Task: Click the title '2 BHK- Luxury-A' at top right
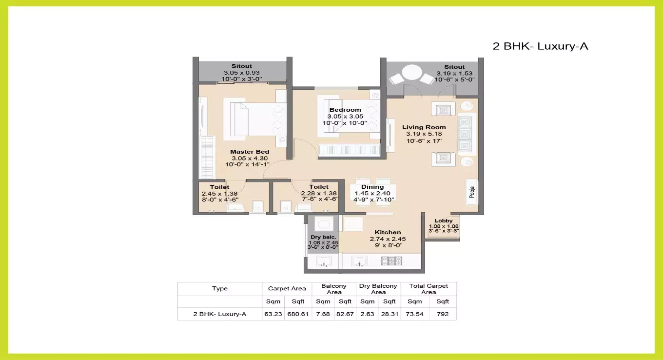click(x=540, y=46)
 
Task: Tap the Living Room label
click(x=424, y=127)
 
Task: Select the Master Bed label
click(x=250, y=152)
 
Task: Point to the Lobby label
click(x=444, y=220)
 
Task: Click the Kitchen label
click(x=388, y=232)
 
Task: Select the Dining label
click(x=372, y=187)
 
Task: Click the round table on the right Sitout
click(x=412, y=74)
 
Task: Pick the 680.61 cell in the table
click(x=298, y=314)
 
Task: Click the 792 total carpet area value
click(x=443, y=314)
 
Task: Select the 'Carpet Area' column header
click(x=287, y=288)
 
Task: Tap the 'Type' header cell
click(x=220, y=288)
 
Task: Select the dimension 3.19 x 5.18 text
click(x=424, y=134)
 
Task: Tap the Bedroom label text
click(x=345, y=110)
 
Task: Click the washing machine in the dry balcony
click(x=323, y=224)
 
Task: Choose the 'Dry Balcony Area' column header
click(x=378, y=289)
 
